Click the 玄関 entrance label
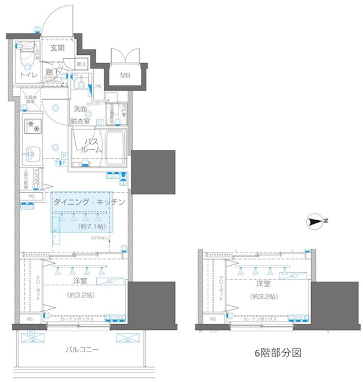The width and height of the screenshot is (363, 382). click(x=57, y=48)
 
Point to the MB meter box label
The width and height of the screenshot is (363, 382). click(x=126, y=75)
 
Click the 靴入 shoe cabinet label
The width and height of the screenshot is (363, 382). click(x=82, y=64)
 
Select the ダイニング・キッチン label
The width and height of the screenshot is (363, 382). click(x=89, y=202)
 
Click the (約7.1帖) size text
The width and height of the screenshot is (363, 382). click(x=89, y=227)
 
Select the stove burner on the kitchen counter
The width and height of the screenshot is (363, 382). click(x=32, y=127)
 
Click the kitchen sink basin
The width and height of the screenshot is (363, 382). click(x=30, y=153)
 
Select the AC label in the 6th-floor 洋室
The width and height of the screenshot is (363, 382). click(x=293, y=276)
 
